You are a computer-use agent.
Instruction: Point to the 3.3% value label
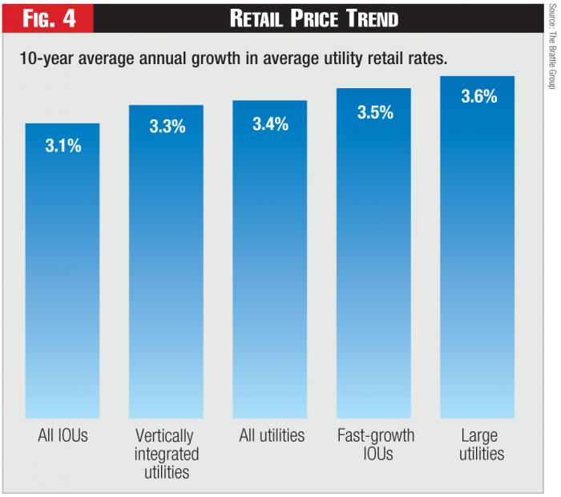click(x=167, y=127)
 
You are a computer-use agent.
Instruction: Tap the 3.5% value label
click(x=374, y=112)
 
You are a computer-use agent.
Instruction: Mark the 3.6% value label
click(x=478, y=97)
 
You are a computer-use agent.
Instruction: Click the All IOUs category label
click(x=63, y=436)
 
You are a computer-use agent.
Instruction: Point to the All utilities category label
click(x=272, y=436)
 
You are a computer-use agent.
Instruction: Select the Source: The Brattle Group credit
click(x=551, y=45)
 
